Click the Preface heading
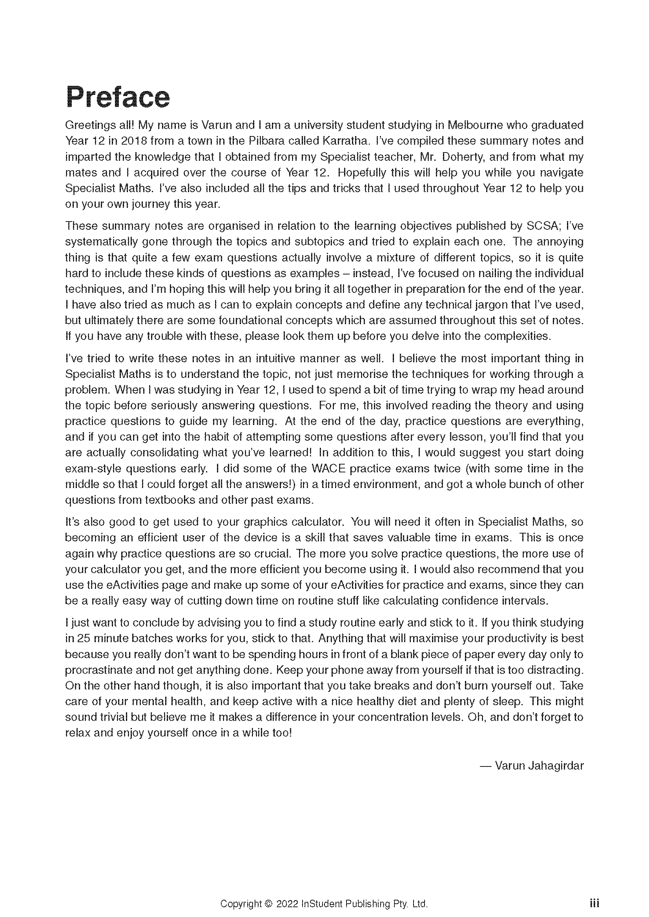click(x=118, y=97)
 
